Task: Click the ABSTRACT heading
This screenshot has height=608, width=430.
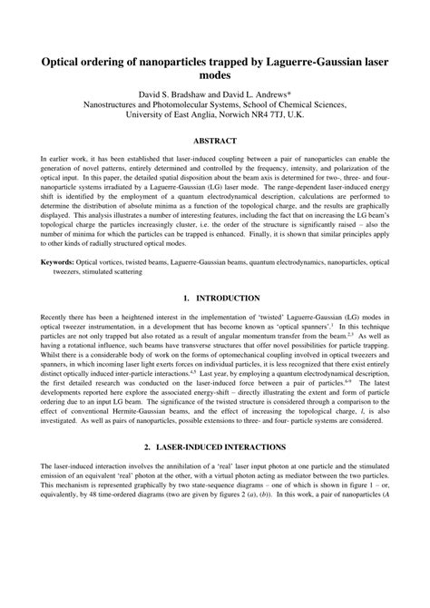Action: tap(214, 141)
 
